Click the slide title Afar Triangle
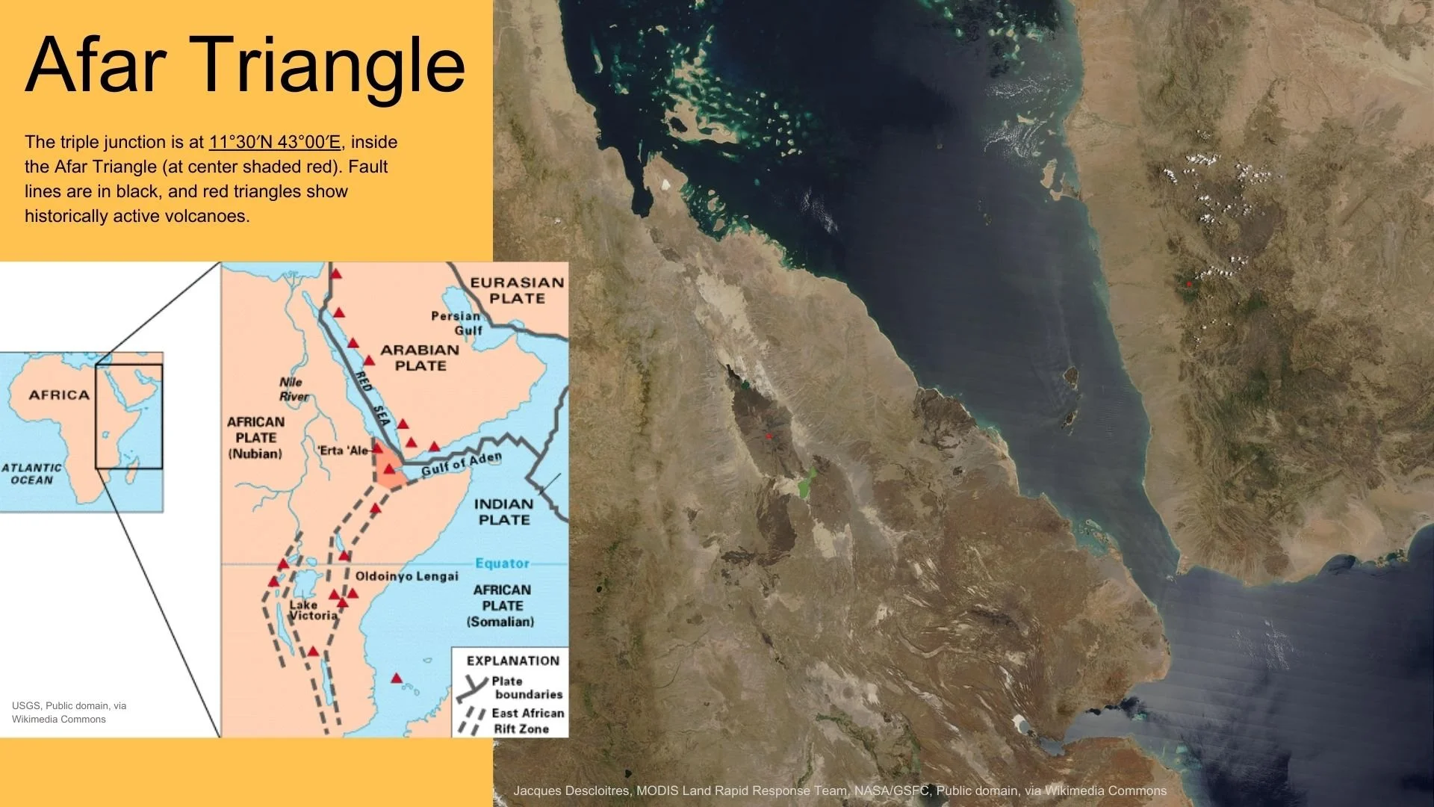pyautogui.click(x=245, y=66)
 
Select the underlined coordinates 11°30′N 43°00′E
pyautogui.click(x=274, y=142)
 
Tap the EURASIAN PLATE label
pyautogui.click(x=517, y=290)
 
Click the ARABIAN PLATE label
pyautogui.click(x=420, y=357)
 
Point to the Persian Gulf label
pyautogui.click(x=457, y=323)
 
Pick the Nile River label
pyautogui.click(x=294, y=389)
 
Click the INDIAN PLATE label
pyautogui.click(x=504, y=512)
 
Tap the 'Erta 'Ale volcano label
pyautogui.click(x=343, y=451)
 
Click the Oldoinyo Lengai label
pyautogui.click(x=406, y=576)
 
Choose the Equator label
pyautogui.click(x=502, y=563)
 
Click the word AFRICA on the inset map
pyautogui.click(x=59, y=395)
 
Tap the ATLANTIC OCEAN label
pyautogui.click(x=31, y=474)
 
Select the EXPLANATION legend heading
pyautogui.click(x=512, y=661)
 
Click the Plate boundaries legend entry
pyautogui.click(x=527, y=687)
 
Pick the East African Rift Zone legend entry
pyautogui.click(x=527, y=721)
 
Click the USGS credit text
pyautogui.click(x=69, y=712)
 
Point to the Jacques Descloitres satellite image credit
pyautogui.click(x=839, y=791)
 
